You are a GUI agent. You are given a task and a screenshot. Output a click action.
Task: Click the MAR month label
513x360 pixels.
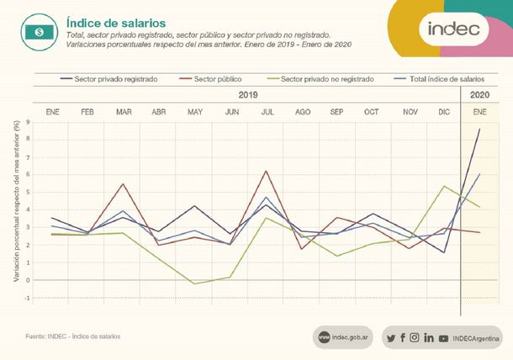click(124, 111)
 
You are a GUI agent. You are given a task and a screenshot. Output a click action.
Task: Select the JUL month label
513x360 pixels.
click(267, 111)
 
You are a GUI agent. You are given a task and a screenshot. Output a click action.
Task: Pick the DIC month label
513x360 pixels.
click(445, 111)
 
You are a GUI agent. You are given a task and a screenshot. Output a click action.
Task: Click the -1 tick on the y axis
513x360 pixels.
click(27, 298)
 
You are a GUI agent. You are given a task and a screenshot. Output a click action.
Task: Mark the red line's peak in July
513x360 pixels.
click(267, 172)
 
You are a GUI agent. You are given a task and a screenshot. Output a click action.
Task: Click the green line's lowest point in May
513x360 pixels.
click(195, 283)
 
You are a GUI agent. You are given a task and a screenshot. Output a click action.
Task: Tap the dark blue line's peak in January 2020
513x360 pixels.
click(479, 130)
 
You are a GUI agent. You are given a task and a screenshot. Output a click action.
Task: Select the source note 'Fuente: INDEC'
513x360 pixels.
click(73, 336)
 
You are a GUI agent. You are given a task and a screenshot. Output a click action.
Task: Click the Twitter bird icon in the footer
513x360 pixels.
click(390, 337)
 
